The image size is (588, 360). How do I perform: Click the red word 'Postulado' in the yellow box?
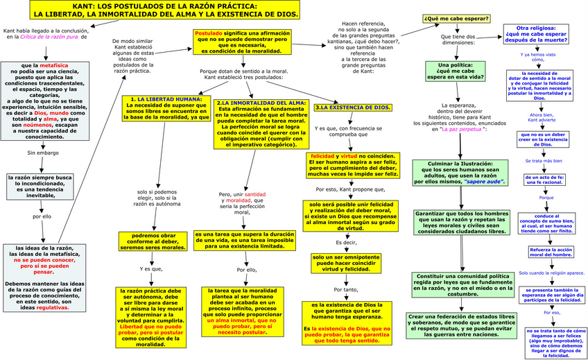209,33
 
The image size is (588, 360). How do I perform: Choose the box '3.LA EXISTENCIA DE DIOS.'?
353,108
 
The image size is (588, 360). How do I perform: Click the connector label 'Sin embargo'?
42,153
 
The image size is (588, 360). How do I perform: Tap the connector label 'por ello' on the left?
42,216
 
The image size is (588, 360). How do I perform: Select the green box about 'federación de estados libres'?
460,325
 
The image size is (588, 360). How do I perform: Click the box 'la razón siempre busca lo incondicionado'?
42,184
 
